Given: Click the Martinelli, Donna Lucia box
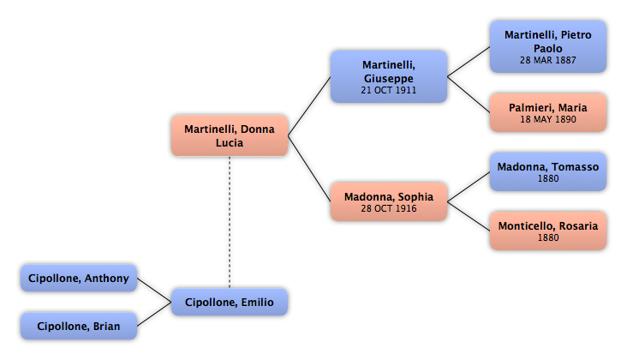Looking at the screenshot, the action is tap(230, 135).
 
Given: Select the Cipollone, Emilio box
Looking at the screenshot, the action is tap(230, 302).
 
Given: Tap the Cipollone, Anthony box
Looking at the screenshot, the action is tap(79, 278).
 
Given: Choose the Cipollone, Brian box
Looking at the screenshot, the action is tap(79, 326).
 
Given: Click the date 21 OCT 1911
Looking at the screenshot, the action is tap(389, 90).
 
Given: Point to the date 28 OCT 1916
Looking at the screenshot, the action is tap(389, 208).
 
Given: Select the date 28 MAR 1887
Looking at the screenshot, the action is tap(548, 60).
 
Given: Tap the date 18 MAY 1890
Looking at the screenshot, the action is tap(548, 119).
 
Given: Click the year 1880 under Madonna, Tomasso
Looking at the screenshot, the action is tap(548, 178).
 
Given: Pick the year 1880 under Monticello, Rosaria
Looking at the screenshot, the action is tap(548, 237).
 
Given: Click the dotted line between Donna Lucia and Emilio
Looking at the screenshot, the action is tap(230, 222).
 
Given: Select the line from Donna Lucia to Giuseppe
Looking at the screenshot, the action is tap(309, 106).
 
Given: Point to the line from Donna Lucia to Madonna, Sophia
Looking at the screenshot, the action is tap(309, 168).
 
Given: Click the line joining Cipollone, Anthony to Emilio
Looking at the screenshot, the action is tap(154, 290).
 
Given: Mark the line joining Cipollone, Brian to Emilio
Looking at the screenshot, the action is tap(154, 314).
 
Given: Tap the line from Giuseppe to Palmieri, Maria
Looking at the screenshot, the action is tap(469, 94).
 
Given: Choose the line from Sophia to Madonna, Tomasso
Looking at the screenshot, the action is tap(469, 187).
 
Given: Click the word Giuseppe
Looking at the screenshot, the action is tap(389, 79).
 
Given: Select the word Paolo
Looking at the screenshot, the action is tap(548, 48).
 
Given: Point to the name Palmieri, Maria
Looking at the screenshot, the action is tap(548, 108).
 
